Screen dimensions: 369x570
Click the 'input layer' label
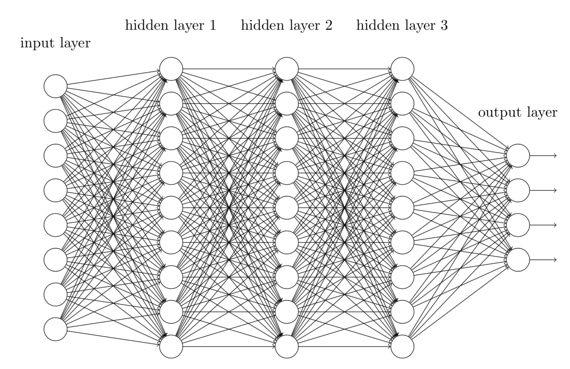pos(55,43)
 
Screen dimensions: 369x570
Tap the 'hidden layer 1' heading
pos(171,25)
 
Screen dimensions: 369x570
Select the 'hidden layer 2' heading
pos(286,25)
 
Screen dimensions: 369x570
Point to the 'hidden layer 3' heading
pos(402,25)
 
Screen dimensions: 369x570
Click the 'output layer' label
pos(518,112)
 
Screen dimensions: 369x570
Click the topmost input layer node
pos(55,86)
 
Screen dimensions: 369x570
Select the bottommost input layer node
pos(55,329)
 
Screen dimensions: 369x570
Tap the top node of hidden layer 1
pos(171,69)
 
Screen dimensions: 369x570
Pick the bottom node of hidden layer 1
pos(171,346)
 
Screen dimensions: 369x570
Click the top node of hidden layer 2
pos(287,69)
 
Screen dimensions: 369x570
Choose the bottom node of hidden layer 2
pos(287,346)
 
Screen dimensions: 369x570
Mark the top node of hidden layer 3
pos(403,69)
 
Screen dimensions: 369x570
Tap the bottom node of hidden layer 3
pos(403,346)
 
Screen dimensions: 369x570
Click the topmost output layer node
pos(518,156)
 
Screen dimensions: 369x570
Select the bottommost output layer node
pos(518,260)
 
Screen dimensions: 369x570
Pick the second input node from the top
pos(55,121)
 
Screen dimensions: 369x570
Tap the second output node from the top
pos(518,190)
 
